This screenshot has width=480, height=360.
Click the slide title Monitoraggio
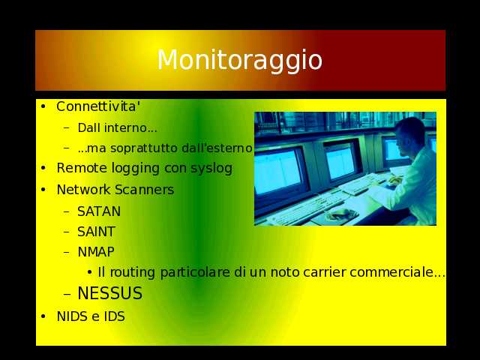tap(240, 60)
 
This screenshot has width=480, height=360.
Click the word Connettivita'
tap(98, 106)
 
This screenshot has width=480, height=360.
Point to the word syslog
tap(211, 169)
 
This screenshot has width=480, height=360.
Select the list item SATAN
tap(99, 211)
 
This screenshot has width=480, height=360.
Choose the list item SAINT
tap(96, 232)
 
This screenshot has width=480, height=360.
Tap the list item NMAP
tap(96, 252)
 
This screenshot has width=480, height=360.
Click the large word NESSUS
tap(110, 293)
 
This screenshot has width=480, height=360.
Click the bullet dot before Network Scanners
tap(43, 190)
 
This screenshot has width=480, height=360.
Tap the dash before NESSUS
tap(67, 295)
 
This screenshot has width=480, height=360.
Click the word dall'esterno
tap(217, 148)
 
